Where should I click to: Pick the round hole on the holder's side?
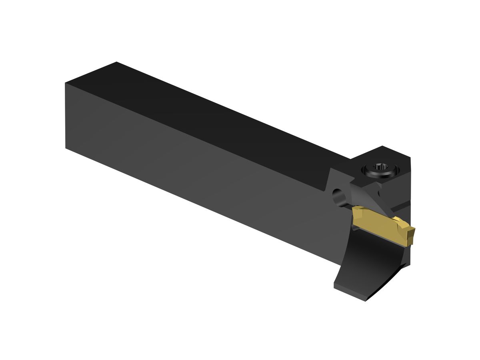pyautogui.click(x=339, y=197)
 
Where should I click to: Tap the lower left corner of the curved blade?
pyautogui.click(x=335, y=286)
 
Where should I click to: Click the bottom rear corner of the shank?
pyautogui.click(x=66, y=148)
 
